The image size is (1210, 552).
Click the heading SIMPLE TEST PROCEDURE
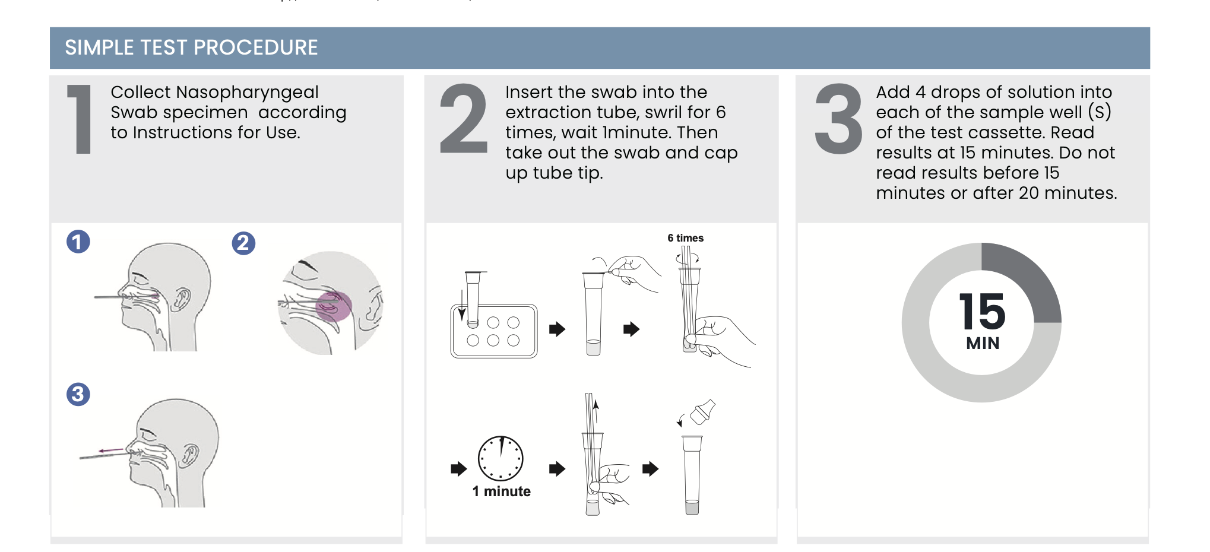point(191,47)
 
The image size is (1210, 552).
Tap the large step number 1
point(80,119)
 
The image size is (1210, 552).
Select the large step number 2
point(463,119)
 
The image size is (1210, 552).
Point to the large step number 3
point(838,119)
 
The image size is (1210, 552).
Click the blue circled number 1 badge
point(78,242)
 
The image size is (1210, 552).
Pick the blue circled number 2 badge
point(243,243)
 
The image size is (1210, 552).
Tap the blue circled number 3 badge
point(78,394)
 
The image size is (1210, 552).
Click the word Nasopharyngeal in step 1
point(248,93)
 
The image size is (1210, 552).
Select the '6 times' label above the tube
point(685,238)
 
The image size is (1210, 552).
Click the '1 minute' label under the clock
point(502,491)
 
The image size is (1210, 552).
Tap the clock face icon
point(501,458)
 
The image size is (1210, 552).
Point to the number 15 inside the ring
point(982,312)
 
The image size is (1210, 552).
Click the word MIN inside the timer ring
point(983,343)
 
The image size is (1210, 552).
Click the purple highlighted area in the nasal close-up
point(334,306)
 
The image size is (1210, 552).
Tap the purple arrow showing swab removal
point(111,451)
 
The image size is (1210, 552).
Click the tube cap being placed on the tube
point(702,411)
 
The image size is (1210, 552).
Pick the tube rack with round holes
point(494,331)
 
